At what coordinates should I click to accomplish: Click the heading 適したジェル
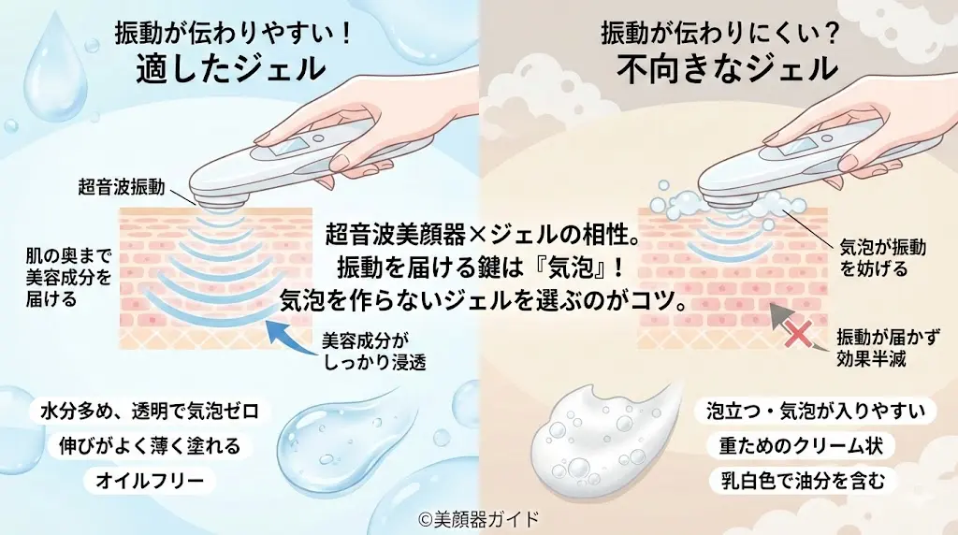[230, 69]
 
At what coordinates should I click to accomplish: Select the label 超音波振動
[122, 187]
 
